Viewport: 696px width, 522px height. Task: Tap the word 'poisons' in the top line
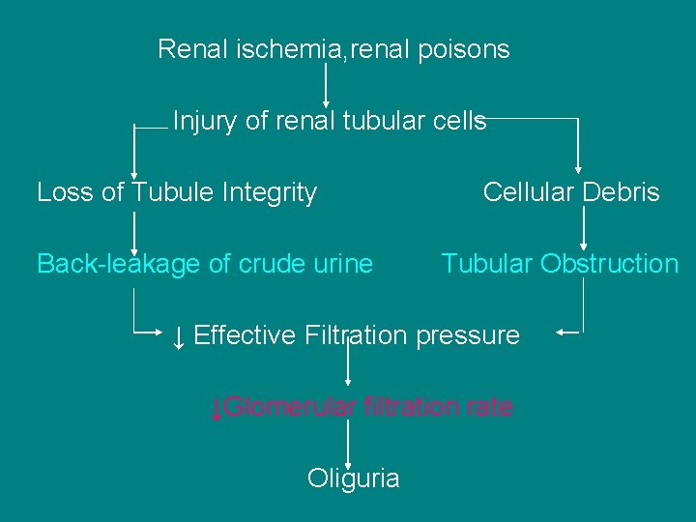tap(464, 49)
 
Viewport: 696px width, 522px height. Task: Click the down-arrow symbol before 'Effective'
tap(179, 336)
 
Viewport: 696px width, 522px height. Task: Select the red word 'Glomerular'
tap(291, 407)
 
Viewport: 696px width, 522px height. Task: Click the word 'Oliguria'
tap(353, 478)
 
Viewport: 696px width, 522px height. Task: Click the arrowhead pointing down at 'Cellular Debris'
tap(578, 166)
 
